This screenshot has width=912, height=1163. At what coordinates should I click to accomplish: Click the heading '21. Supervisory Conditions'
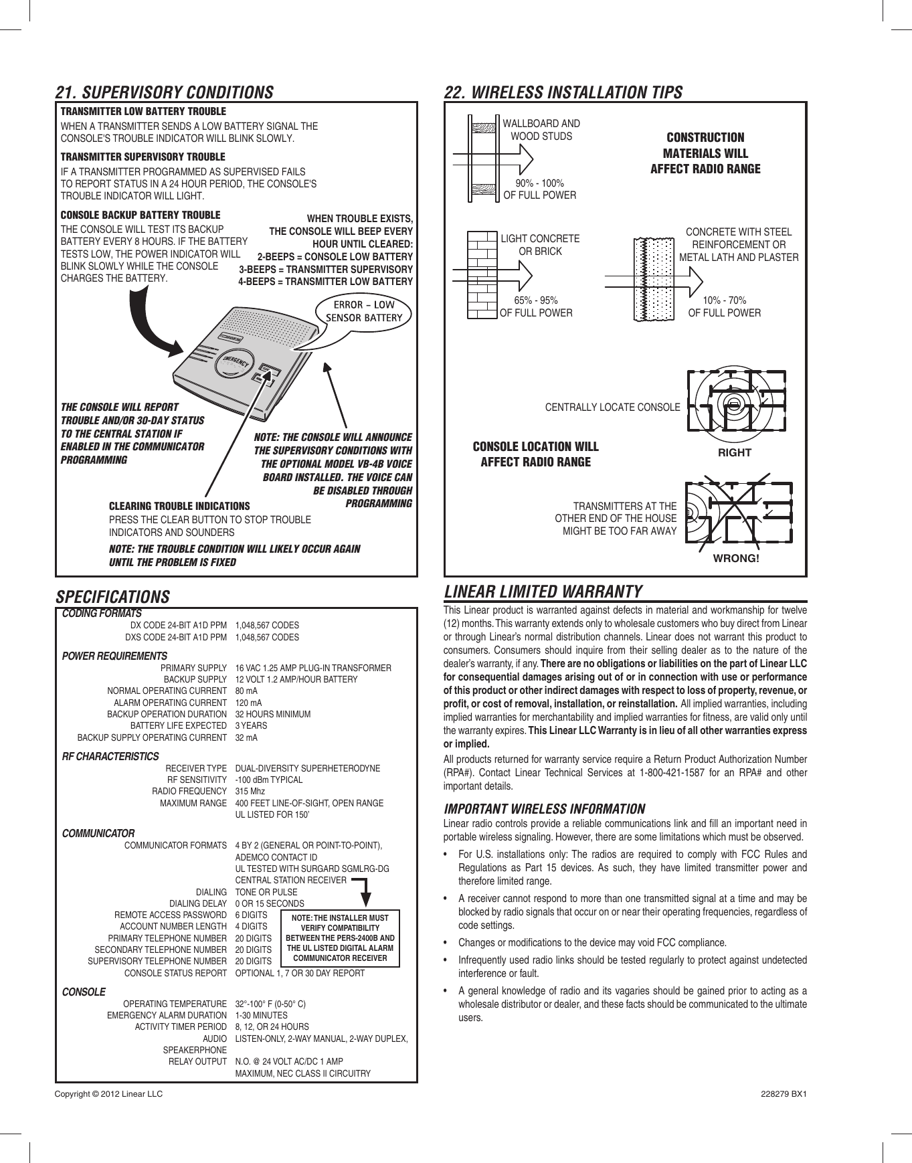point(164,92)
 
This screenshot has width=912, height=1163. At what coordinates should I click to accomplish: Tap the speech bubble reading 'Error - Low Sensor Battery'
point(363,311)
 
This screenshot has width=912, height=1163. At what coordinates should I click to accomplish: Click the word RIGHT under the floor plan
point(735,452)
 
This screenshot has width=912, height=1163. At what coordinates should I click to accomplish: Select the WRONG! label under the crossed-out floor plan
point(737,558)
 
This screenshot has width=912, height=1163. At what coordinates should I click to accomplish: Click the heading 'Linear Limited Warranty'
point(543,592)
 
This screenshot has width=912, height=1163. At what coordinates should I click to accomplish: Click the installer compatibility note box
point(340,938)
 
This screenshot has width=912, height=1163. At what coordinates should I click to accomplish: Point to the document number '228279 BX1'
point(784,1094)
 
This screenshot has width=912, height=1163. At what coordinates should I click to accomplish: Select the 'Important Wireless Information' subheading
point(544,808)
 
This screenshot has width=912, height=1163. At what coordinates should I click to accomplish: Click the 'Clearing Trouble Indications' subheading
point(179,506)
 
